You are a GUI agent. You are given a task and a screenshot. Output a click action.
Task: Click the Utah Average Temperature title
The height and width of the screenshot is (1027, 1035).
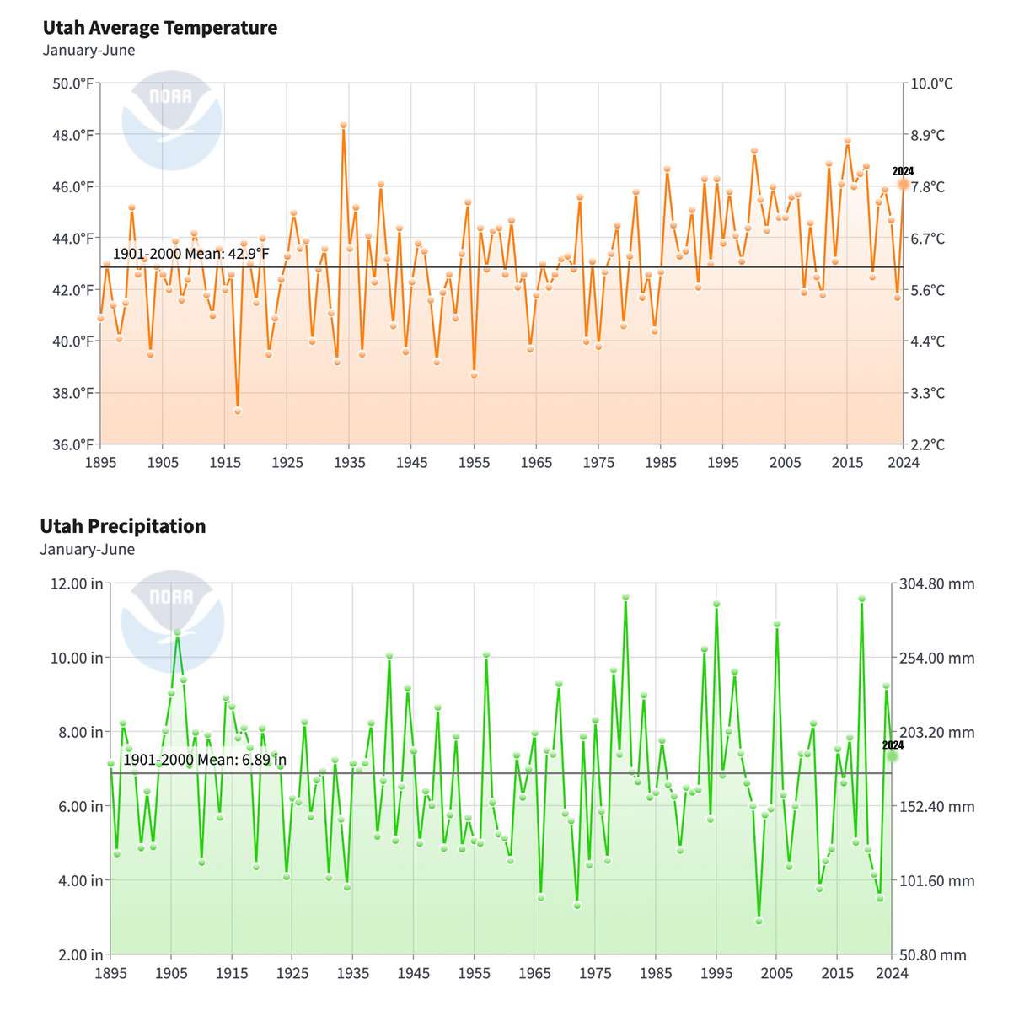(x=160, y=28)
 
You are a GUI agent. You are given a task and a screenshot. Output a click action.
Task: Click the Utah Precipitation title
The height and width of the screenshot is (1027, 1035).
(x=123, y=526)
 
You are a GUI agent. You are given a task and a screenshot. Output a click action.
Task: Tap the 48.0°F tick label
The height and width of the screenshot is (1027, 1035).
(x=73, y=135)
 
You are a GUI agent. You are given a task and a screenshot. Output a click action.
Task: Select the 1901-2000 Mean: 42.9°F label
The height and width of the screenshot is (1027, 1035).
(x=191, y=254)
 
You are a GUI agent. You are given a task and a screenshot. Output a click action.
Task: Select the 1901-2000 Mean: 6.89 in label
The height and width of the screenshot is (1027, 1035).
(x=205, y=760)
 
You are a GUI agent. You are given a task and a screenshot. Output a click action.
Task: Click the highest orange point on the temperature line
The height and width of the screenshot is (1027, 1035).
(x=344, y=126)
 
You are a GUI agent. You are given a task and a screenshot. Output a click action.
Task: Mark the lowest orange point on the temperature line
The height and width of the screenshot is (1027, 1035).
(x=238, y=411)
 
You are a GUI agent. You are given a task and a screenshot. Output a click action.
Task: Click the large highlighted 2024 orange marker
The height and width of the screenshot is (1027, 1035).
(x=904, y=184)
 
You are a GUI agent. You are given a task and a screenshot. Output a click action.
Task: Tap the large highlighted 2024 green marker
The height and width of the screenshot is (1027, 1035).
(x=893, y=756)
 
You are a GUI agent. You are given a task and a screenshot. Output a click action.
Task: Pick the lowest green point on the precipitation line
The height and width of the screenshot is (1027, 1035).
(x=759, y=921)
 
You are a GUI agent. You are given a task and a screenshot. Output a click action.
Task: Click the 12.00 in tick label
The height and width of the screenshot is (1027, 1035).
(x=75, y=583)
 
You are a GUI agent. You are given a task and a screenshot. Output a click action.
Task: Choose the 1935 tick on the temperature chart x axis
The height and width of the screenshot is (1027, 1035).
(x=349, y=462)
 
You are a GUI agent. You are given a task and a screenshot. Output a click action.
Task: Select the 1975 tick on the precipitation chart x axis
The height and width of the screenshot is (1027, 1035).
(x=595, y=973)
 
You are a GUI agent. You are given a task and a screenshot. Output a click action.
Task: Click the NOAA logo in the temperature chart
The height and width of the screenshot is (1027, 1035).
(x=171, y=120)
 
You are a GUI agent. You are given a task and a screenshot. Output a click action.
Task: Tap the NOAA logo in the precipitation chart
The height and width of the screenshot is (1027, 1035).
(x=172, y=621)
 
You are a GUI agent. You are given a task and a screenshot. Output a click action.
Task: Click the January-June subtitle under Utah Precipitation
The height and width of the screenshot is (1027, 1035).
(x=87, y=550)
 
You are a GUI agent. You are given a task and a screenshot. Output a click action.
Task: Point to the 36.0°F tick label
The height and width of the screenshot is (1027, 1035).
(x=73, y=444)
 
